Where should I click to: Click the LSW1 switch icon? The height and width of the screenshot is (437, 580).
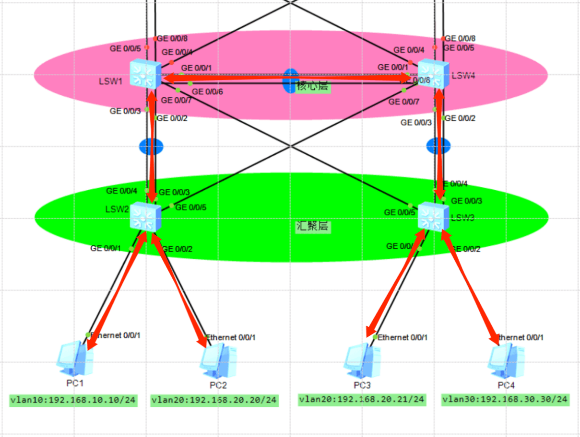tap(145, 74)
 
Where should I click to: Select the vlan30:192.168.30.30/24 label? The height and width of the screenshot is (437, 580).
tap(505, 399)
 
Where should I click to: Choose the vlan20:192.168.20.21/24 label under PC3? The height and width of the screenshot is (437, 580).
tap(362, 399)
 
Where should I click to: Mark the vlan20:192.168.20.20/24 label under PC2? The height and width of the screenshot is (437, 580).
tap(214, 400)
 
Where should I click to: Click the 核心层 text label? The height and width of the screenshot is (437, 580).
tap(313, 86)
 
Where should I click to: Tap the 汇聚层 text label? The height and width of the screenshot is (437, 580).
tap(313, 226)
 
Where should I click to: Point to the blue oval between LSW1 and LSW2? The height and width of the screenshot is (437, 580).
tap(151, 146)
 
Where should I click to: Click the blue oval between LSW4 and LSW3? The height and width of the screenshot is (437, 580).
tap(438, 145)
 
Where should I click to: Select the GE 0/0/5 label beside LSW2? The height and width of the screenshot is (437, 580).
tap(191, 207)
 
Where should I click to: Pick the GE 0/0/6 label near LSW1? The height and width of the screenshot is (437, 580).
tap(207, 92)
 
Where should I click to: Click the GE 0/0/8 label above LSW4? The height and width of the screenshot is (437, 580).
tap(460, 38)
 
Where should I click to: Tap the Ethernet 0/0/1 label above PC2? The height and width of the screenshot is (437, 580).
tap(230, 337)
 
